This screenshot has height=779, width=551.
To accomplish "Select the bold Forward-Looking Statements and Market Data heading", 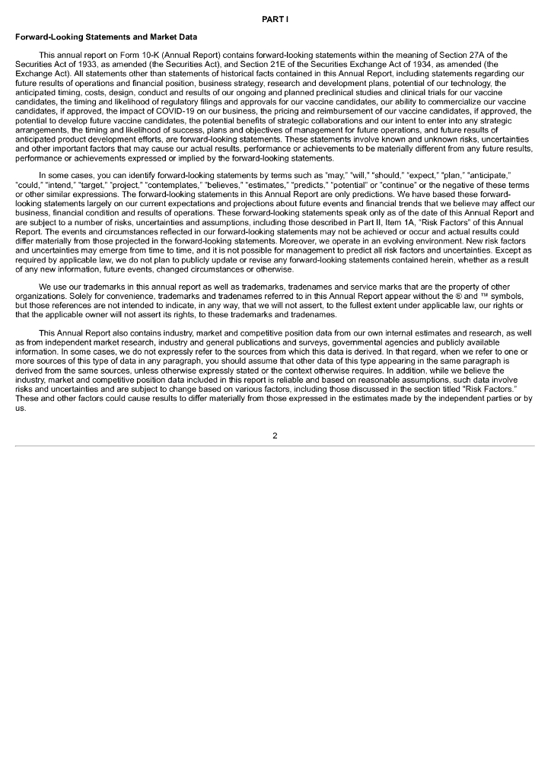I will click(106, 37).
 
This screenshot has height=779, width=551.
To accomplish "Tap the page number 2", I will click(275, 436).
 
